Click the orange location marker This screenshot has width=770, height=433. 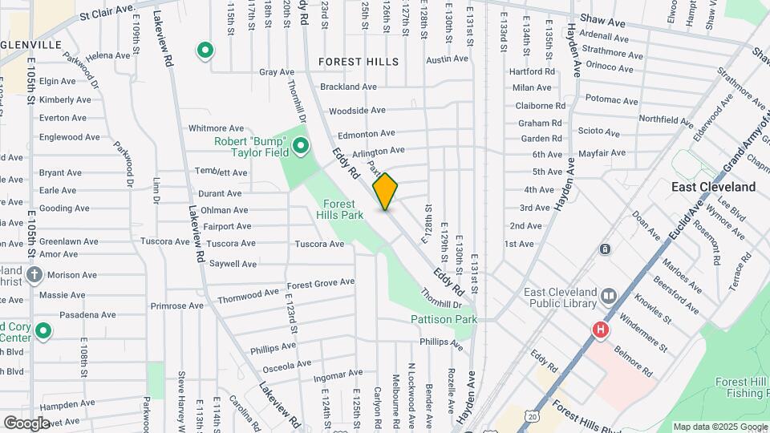point(386,192)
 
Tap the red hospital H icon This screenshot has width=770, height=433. point(599,330)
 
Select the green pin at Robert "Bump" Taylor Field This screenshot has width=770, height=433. point(301,146)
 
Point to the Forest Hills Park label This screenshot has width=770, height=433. point(344,209)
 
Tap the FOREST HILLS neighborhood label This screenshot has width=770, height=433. point(359,62)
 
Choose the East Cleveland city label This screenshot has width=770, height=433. point(713,187)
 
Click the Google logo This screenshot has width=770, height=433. point(26,423)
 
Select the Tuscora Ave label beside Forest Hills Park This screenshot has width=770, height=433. point(319,244)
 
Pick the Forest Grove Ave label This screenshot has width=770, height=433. point(321,283)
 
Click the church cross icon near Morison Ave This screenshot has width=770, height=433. point(34,275)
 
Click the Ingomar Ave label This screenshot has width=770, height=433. point(337,374)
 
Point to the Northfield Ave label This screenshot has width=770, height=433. point(667,119)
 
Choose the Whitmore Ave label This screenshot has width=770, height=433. point(216,128)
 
